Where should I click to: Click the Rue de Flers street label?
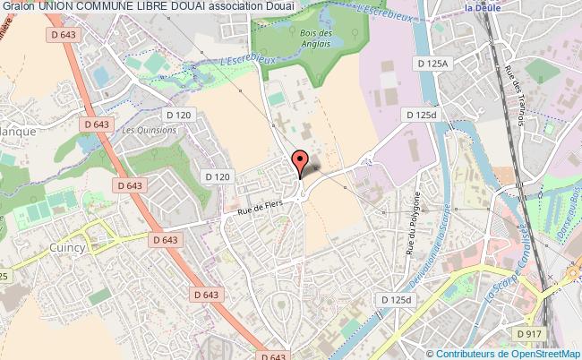coord(260,208)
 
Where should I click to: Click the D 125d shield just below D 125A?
coord(424,116)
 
